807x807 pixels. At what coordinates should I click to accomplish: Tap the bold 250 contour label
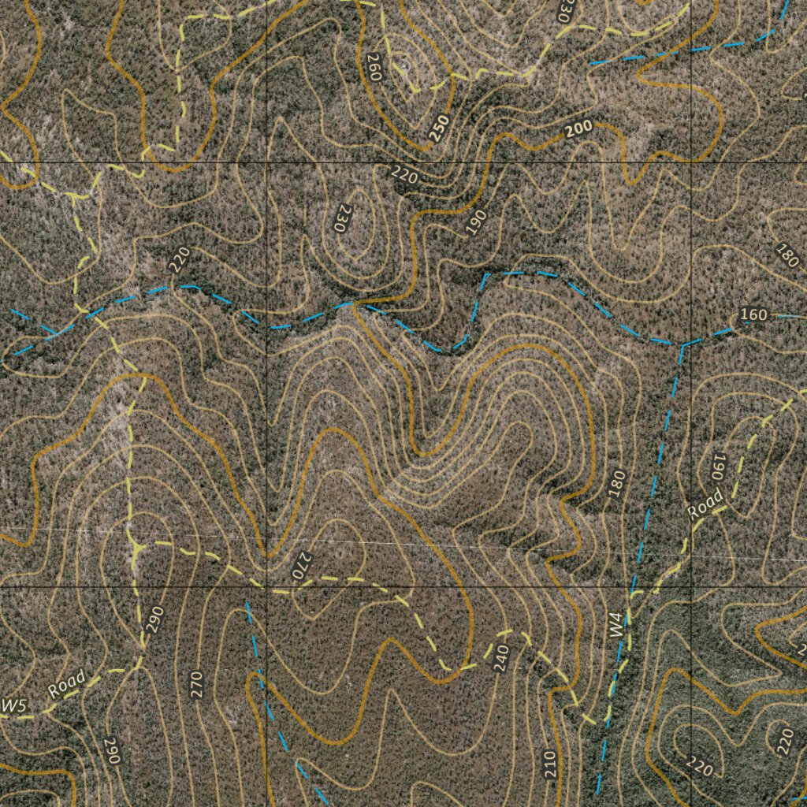tap(439, 128)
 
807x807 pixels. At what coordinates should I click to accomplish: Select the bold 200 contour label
tap(578, 129)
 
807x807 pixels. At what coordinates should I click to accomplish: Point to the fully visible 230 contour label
tap(342, 218)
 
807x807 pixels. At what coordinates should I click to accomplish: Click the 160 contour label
tap(753, 315)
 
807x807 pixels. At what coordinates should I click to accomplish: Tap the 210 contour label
tap(550, 764)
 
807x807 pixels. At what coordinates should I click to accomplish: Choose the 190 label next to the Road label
tap(717, 467)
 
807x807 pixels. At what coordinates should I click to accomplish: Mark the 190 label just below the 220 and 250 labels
tap(475, 223)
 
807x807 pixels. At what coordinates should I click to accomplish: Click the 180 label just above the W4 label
tap(617, 483)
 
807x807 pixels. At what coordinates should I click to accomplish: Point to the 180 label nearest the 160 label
tap(787, 255)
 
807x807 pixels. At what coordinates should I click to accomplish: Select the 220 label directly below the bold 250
tap(404, 175)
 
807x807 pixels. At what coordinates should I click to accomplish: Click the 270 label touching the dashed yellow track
tap(302, 566)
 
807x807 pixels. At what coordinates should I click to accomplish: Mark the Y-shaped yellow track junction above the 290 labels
tap(137, 545)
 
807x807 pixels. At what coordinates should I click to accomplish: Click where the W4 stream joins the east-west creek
tap(680, 344)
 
